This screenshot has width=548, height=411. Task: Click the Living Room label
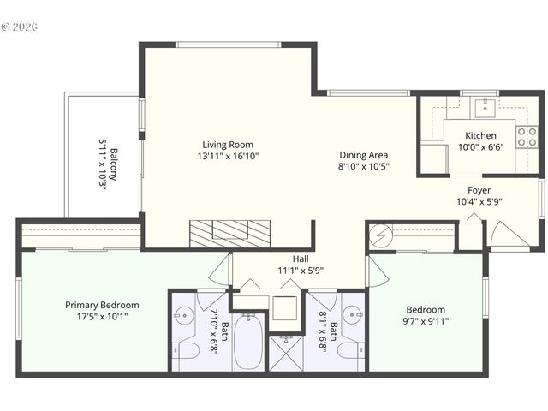pos(228,145)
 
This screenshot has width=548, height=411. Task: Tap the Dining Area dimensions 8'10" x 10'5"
pos(363,167)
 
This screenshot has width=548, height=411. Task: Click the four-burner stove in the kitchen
pos(527,136)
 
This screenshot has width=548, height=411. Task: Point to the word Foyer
pos(479,190)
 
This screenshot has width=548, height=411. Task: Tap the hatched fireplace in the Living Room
pos(230,234)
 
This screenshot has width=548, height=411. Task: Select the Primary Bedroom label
pos(102,305)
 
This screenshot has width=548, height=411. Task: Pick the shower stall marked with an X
pos(286,352)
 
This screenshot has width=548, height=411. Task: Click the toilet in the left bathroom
pos(188,350)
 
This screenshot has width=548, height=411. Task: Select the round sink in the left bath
pos(183,314)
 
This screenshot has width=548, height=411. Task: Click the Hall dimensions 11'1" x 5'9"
pos(300,271)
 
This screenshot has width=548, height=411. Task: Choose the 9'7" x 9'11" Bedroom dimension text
pos(426,322)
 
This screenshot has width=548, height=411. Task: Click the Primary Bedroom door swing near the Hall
pos(220,269)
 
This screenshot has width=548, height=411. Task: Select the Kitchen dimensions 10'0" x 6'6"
pos(479,147)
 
